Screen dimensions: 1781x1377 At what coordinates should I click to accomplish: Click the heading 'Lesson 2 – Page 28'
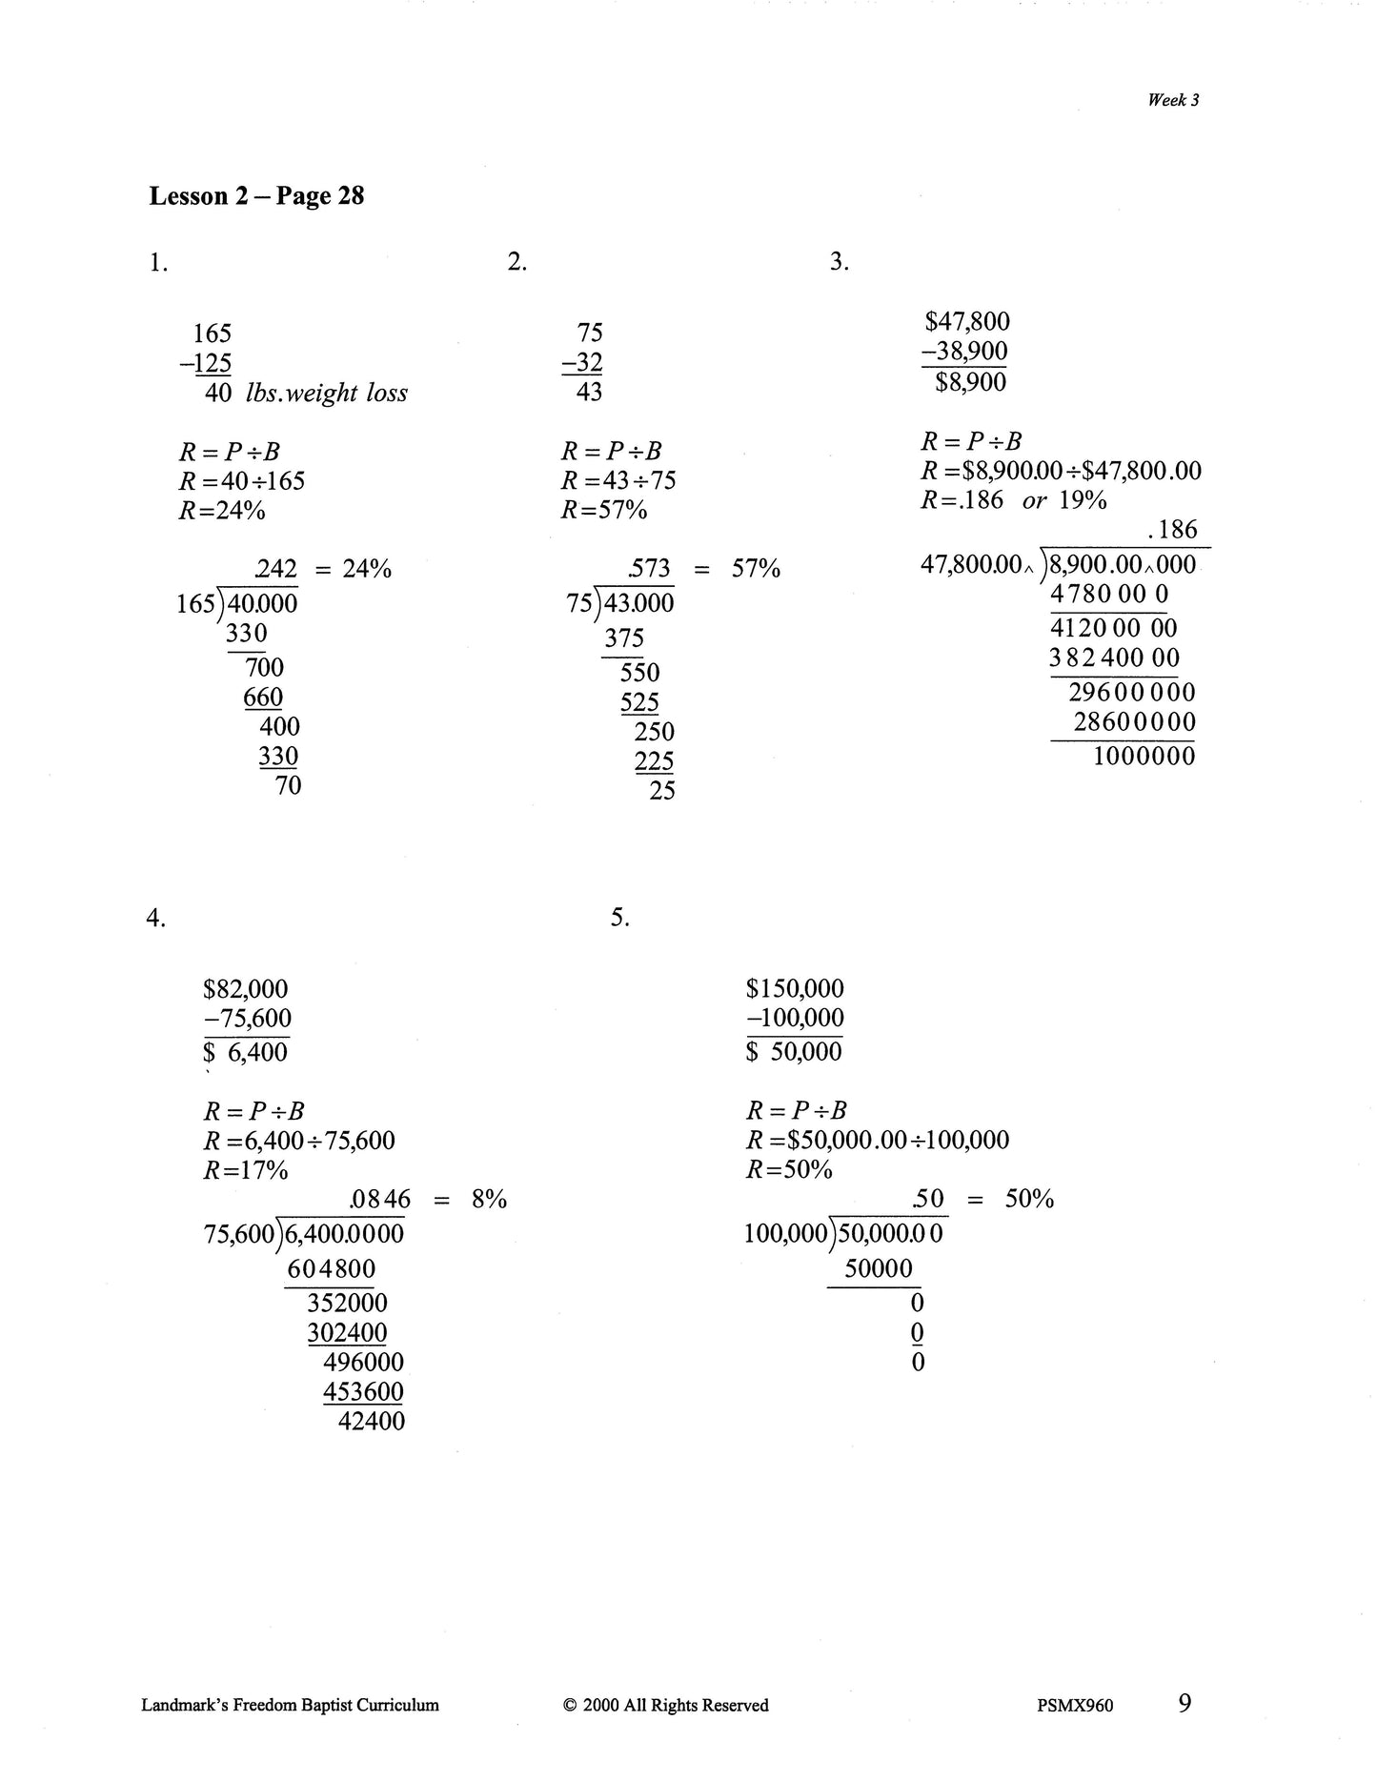coord(256,196)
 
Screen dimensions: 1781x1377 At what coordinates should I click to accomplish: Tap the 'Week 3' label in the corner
coord(1173,100)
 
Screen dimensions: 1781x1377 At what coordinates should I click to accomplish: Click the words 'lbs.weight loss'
coord(326,394)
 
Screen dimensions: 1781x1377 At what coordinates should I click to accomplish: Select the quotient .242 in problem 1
coord(276,570)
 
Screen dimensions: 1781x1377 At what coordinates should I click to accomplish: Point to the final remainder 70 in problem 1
coord(288,786)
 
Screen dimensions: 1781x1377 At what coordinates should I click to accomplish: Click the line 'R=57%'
coord(604,511)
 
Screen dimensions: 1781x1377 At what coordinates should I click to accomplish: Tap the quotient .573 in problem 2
coord(650,570)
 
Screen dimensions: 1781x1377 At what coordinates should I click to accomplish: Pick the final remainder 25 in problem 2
coord(662,791)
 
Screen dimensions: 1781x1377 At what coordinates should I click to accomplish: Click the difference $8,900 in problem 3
coord(970,383)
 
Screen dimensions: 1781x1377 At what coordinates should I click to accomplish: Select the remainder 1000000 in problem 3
coord(1144,758)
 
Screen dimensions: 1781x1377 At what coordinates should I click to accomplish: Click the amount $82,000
coord(245,990)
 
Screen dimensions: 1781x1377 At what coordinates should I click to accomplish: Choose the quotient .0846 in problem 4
coord(380,1200)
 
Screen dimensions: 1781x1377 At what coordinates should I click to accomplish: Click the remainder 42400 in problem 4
coord(372,1422)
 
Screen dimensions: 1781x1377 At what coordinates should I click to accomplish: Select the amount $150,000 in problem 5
coord(795,990)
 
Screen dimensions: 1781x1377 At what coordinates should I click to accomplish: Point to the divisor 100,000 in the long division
coord(785,1235)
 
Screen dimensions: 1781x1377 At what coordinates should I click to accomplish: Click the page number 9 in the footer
coord(1185,1703)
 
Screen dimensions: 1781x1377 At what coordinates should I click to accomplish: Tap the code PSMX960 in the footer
coord(1074,1706)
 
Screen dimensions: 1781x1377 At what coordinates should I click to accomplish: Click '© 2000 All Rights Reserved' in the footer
coord(666,1706)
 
